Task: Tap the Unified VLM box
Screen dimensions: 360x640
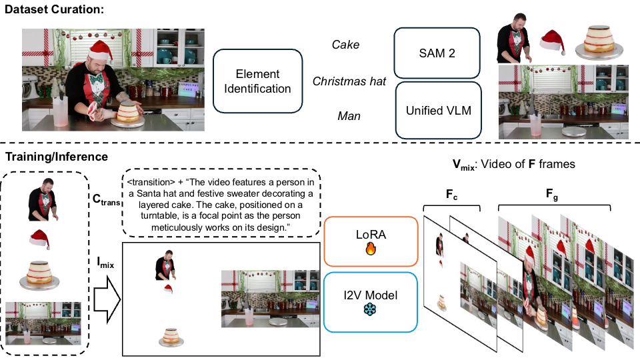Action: pos(438,110)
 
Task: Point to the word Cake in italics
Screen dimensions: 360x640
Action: pos(345,45)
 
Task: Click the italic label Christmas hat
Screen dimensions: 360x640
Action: pos(349,81)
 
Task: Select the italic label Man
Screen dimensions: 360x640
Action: pos(349,117)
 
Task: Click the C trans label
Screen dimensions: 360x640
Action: pos(105,199)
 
